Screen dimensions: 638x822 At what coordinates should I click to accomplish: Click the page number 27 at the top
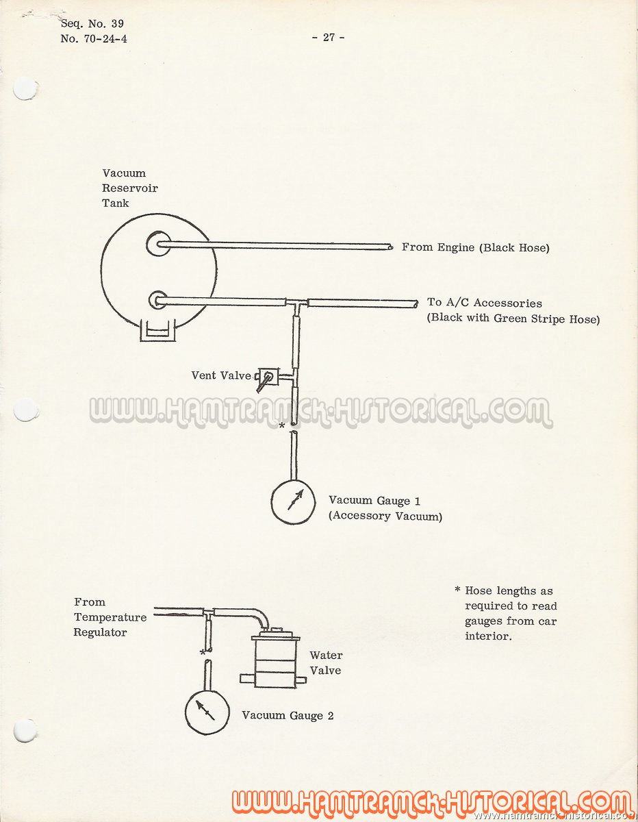[x=329, y=37]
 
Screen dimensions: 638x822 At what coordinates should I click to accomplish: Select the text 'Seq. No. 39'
[x=92, y=23]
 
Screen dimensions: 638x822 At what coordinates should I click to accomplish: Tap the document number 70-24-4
[x=105, y=38]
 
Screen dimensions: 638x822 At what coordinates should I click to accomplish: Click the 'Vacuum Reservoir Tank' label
[x=130, y=188]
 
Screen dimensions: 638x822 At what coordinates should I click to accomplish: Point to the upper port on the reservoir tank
[x=158, y=244]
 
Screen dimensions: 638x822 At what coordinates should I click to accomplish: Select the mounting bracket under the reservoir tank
[x=158, y=330]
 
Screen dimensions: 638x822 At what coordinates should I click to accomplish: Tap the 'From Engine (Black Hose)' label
[x=476, y=247]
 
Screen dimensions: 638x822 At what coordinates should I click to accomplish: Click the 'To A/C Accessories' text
[x=485, y=303]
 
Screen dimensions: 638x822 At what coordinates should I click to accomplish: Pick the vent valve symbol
[x=268, y=379]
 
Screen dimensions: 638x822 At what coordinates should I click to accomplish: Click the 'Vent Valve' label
[x=221, y=375]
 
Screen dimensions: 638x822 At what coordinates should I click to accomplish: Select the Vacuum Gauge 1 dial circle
[x=293, y=501]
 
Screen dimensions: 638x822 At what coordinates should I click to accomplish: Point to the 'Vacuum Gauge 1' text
[x=374, y=501]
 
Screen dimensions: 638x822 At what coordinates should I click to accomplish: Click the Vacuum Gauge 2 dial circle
[x=207, y=712]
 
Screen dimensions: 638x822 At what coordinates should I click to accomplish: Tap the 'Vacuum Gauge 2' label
[x=288, y=715]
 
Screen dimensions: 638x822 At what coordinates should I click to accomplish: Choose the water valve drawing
[x=274, y=658]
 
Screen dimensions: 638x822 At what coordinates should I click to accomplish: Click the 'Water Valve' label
[x=326, y=663]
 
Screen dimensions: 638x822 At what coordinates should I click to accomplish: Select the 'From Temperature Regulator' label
[x=110, y=617]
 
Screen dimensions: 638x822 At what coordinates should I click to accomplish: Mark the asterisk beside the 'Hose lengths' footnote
[x=457, y=590]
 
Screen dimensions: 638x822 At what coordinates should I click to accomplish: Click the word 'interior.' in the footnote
[x=488, y=636]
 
